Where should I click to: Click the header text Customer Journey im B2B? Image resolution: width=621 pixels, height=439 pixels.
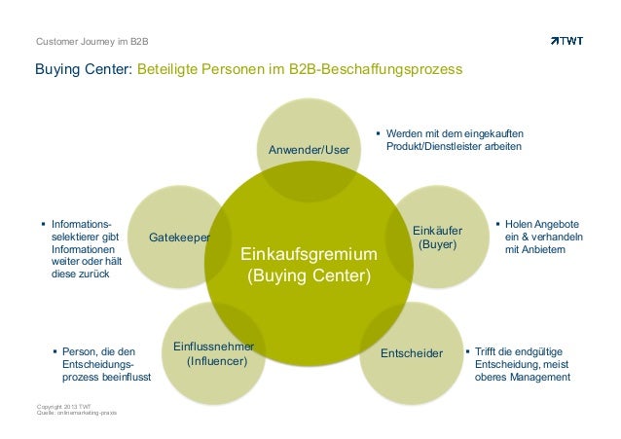pos(91,42)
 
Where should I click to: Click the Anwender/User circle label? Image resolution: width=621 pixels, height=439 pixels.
pos(309,149)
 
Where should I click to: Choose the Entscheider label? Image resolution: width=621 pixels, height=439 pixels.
pos(412,351)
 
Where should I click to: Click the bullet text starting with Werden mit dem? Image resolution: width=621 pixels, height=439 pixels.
pos(454,139)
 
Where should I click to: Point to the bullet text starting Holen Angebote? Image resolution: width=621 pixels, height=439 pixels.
pos(544,238)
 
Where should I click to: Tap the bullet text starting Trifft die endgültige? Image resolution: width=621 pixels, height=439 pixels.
pos(517,364)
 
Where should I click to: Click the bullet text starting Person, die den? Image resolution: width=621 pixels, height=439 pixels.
pos(102,364)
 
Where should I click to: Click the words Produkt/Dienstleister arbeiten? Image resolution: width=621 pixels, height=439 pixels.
pos(454,146)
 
